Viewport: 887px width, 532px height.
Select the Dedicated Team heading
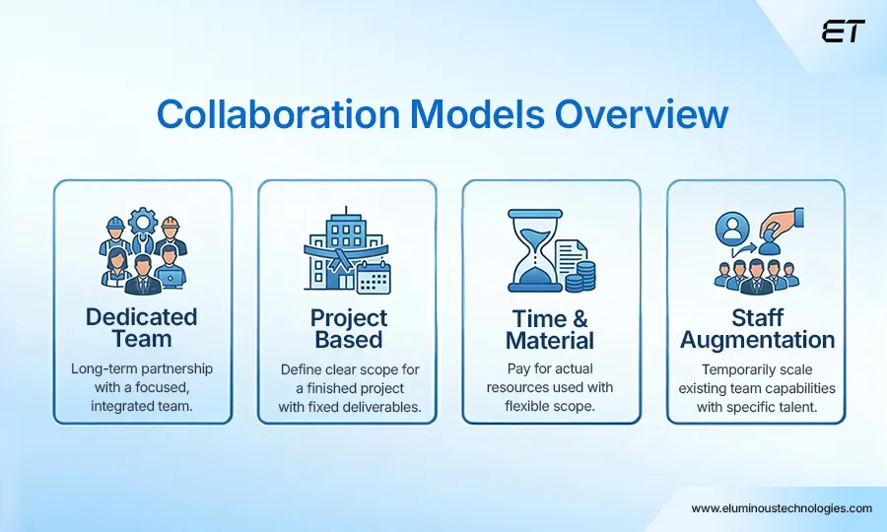pyautogui.click(x=141, y=328)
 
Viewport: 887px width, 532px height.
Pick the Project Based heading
pyautogui.click(x=348, y=328)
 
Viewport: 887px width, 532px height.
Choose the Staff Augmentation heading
pyautogui.click(x=757, y=328)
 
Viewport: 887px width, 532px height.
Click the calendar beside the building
pyautogui.click(x=374, y=278)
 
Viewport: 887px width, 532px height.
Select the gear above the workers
pyautogui.click(x=142, y=219)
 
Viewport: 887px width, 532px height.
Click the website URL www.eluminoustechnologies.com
pyautogui.click(x=782, y=508)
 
